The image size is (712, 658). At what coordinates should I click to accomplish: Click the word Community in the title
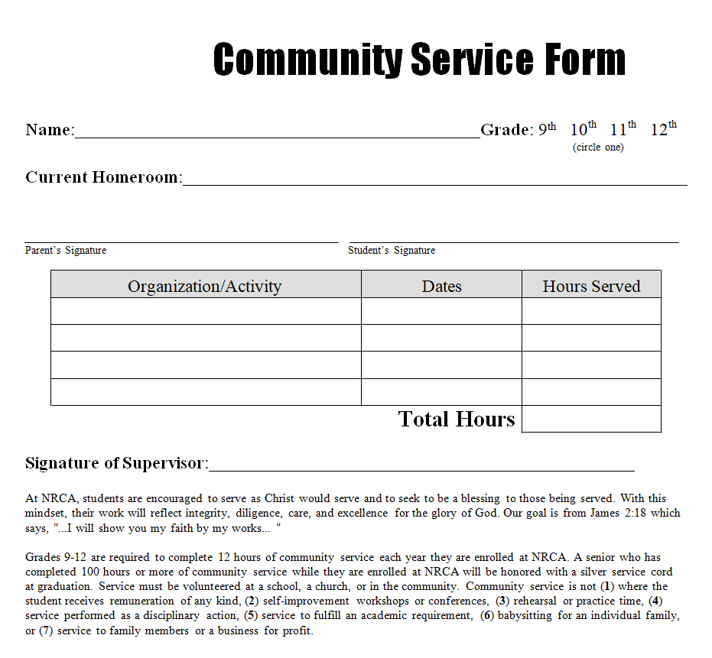tap(307, 60)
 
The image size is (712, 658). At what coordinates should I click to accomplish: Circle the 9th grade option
tap(547, 129)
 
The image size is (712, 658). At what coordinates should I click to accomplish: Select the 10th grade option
tap(583, 129)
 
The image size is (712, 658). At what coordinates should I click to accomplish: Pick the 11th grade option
tap(623, 129)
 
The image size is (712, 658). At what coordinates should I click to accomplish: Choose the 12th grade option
tap(663, 129)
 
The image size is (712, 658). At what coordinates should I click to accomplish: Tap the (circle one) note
tap(598, 147)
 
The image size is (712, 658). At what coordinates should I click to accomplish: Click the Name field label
tap(50, 130)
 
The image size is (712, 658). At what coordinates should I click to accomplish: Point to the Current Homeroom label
tap(103, 177)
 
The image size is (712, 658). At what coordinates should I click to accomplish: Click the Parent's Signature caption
tap(66, 251)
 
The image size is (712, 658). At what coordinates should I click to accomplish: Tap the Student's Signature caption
tap(392, 251)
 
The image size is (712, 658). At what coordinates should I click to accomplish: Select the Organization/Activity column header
tap(205, 287)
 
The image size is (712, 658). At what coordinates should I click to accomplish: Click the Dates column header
tap(441, 287)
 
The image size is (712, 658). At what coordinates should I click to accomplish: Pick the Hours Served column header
tap(591, 287)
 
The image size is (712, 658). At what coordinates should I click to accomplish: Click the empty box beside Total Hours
tap(591, 419)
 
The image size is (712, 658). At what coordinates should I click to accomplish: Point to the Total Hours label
tap(457, 419)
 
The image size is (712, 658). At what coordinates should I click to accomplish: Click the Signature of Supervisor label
tap(116, 463)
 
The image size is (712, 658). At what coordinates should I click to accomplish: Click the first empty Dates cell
tap(441, 311)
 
